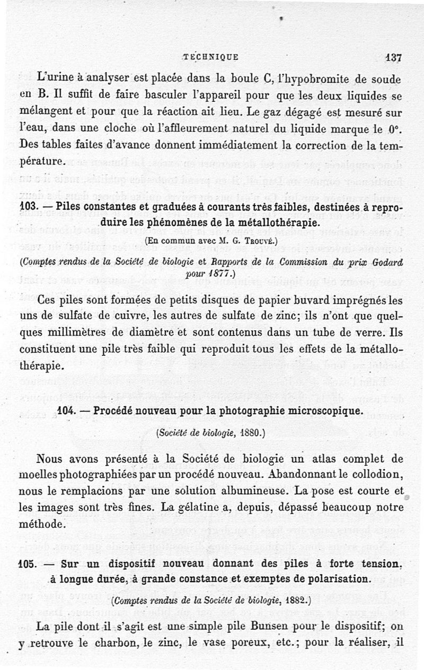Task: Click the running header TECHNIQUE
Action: coord(210,57)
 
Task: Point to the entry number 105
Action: coord(28,564)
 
